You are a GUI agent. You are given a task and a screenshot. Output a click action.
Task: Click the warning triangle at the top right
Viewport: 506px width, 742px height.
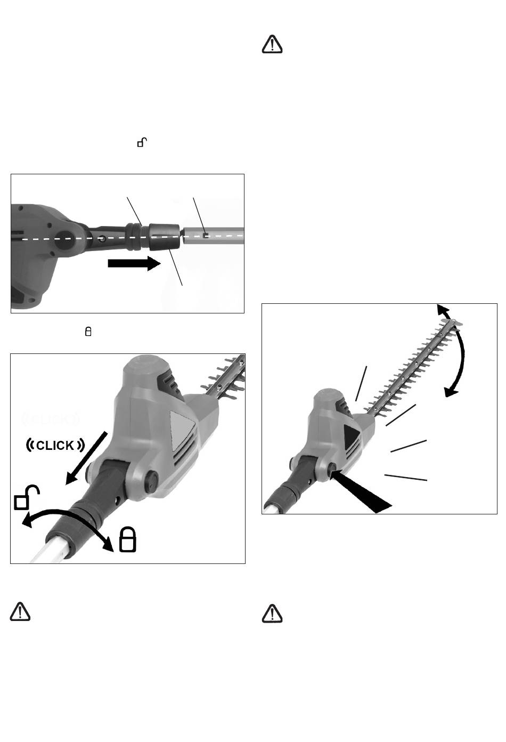(x=272, y=44)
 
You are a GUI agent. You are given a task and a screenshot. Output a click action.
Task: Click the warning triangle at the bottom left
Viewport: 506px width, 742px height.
(x=20, y=612)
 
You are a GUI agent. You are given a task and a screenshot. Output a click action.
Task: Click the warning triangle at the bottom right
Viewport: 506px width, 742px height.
(x=272, y=614)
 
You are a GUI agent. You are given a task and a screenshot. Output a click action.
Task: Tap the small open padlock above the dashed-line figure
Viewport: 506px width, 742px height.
(x=142, y=142)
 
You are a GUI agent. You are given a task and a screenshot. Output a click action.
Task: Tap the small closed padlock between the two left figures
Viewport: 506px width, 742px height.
(x=88, y=332)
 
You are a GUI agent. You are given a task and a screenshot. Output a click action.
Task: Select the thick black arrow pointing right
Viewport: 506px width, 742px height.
(x=134, y=263)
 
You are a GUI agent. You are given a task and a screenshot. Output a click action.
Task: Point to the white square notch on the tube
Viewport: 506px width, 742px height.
(x=206, y=236)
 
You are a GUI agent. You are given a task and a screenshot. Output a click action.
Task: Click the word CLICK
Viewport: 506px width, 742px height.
(x=55, y=446)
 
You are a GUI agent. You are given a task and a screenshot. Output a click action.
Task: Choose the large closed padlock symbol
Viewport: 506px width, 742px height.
(x=128, y=539)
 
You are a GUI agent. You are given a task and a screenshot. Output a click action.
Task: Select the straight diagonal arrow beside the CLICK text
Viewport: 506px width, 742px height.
(x=86, y=458)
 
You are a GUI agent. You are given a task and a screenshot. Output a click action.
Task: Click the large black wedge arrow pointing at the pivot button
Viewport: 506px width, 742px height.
(x=361, y=491)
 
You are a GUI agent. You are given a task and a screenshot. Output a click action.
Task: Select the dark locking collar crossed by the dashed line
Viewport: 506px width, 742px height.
(x=164, y=237)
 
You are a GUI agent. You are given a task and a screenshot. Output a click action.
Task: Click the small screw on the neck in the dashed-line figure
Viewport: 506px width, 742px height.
(x=103, y=238)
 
